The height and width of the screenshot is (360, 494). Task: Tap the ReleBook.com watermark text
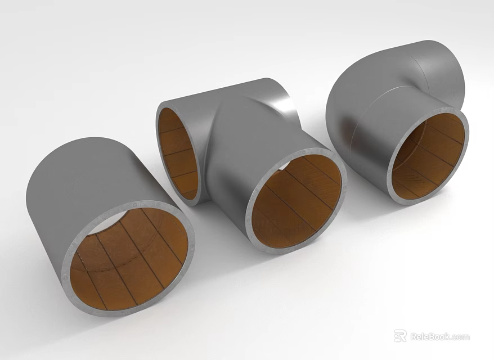tap(439, 336)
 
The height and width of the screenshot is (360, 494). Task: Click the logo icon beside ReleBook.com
tap(400, 336)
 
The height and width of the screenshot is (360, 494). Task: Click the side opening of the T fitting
tap(178, 152)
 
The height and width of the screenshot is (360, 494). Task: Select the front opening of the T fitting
tap(295, 202)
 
